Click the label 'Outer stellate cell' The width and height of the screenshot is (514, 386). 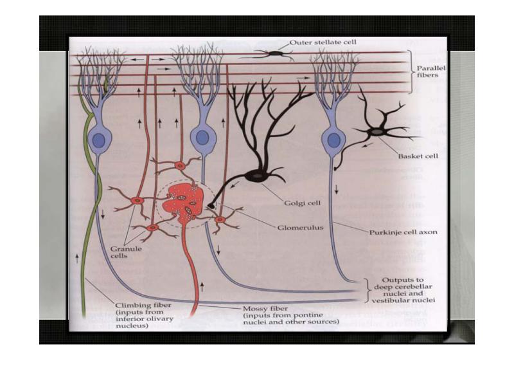tap(323, 42)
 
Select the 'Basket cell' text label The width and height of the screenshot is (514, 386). tap(418, 156)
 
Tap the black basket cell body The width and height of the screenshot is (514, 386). tap(377, 132)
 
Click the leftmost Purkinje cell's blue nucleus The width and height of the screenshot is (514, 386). tap(98, 140)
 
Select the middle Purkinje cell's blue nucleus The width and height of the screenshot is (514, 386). tap(202, 137)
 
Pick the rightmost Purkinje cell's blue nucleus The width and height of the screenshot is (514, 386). tap(333, 140)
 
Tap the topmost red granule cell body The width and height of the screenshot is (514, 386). tap(181, 166)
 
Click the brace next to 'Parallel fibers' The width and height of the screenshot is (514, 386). tap(411, 71)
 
